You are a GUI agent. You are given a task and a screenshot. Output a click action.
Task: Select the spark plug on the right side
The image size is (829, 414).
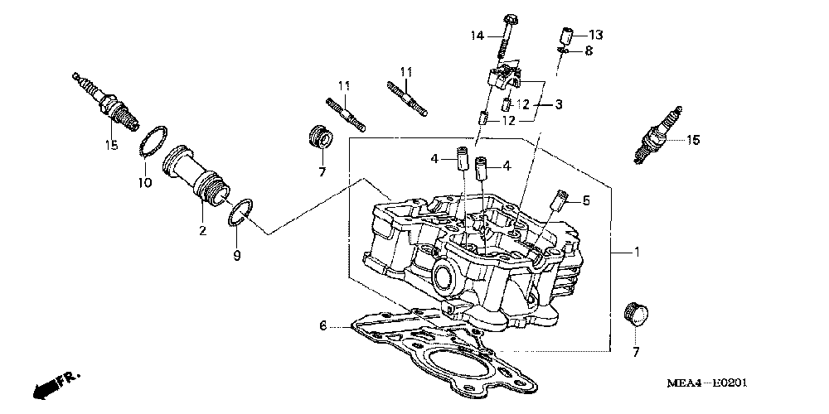pos(660,135)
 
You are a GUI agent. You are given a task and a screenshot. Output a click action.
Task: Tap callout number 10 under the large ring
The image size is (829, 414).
pos(144,183)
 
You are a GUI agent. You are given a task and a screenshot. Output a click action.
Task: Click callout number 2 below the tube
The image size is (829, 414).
pos(201,231)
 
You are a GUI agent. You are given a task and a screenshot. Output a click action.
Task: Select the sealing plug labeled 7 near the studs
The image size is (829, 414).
pos(319,137)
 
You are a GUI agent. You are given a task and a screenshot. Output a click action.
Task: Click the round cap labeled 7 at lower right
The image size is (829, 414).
pos(637,315)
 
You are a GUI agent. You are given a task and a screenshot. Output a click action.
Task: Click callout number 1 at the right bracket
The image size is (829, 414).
pos(637,253)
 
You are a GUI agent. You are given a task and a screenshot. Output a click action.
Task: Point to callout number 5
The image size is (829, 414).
pos(586,200)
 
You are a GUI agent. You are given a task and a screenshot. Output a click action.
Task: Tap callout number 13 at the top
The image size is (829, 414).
pos(597,35)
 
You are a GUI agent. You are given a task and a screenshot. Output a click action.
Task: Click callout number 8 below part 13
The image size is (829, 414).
pos(589,51)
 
